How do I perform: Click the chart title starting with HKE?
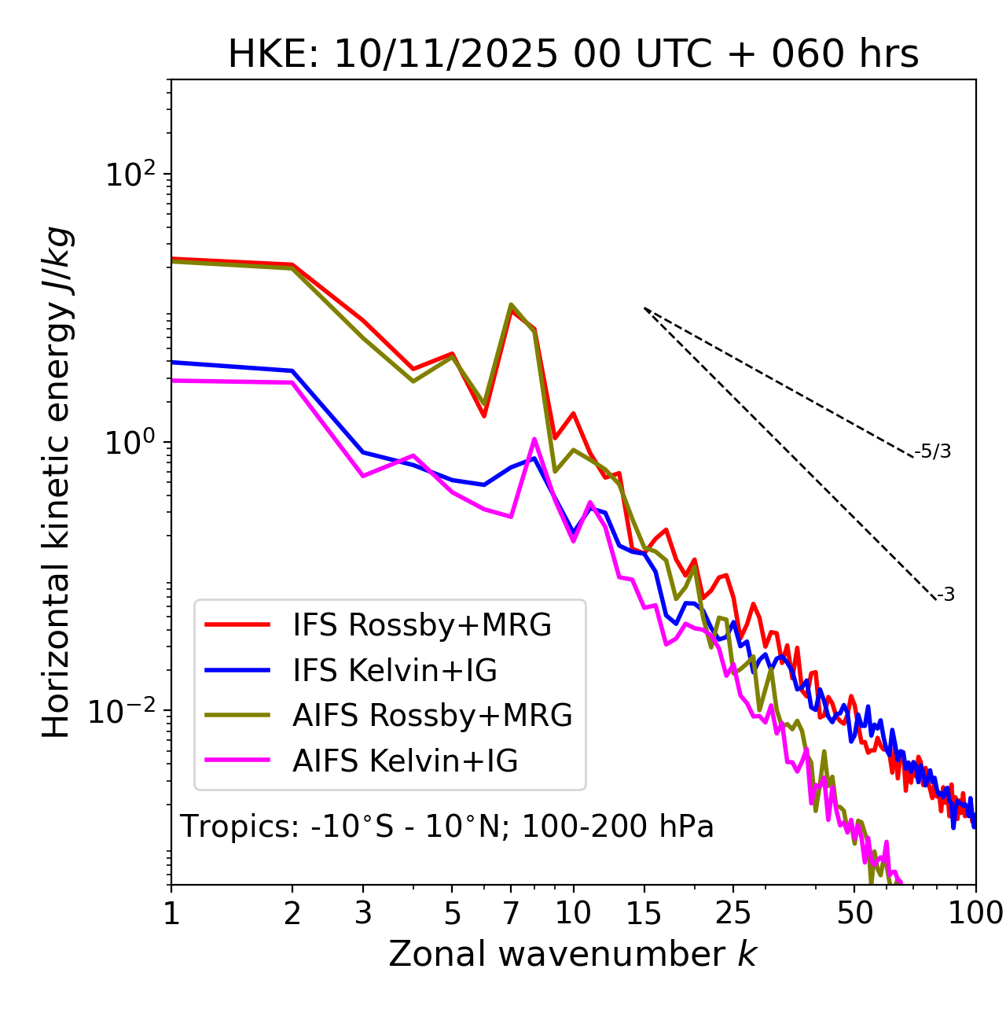(x=573, y=54)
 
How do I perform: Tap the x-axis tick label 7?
(x=511, y=912)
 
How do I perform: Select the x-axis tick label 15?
(x=644, y=912)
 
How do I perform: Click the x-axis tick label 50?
(x=854, y=912)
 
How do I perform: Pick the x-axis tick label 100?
(x=975, y=912)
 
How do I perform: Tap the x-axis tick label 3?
(x=363, y=912)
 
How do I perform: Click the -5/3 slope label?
(x=933, y=451)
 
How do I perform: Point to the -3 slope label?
(x=946, y=595)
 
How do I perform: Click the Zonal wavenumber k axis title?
(x=572, y=954)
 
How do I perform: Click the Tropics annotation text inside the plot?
(x=446, y=827)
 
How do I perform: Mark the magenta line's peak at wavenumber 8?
(x=534, y=440)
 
